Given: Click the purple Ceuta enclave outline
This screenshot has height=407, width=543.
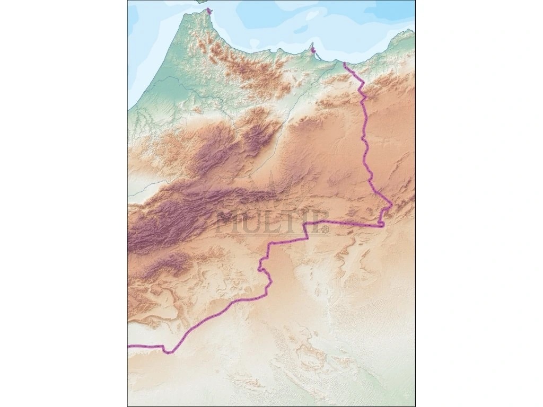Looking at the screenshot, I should (x=209, y=10).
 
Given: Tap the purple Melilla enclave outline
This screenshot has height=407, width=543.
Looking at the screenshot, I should (x=313, y=51).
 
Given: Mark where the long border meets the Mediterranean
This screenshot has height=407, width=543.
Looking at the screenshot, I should (x=344, y=63).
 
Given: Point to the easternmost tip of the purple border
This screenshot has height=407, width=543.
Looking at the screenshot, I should (x=391, y=203).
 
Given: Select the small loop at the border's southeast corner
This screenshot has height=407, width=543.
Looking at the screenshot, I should (x=382, y=224).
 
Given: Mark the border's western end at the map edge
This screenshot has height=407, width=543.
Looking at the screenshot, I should (x=129, y=346).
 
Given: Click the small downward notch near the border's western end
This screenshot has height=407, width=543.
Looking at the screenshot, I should (x=166, y=351).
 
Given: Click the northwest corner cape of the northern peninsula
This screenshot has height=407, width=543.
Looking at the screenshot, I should (x=184, y=14).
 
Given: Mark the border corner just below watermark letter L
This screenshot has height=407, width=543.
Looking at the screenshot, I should (x=270, y=244).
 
